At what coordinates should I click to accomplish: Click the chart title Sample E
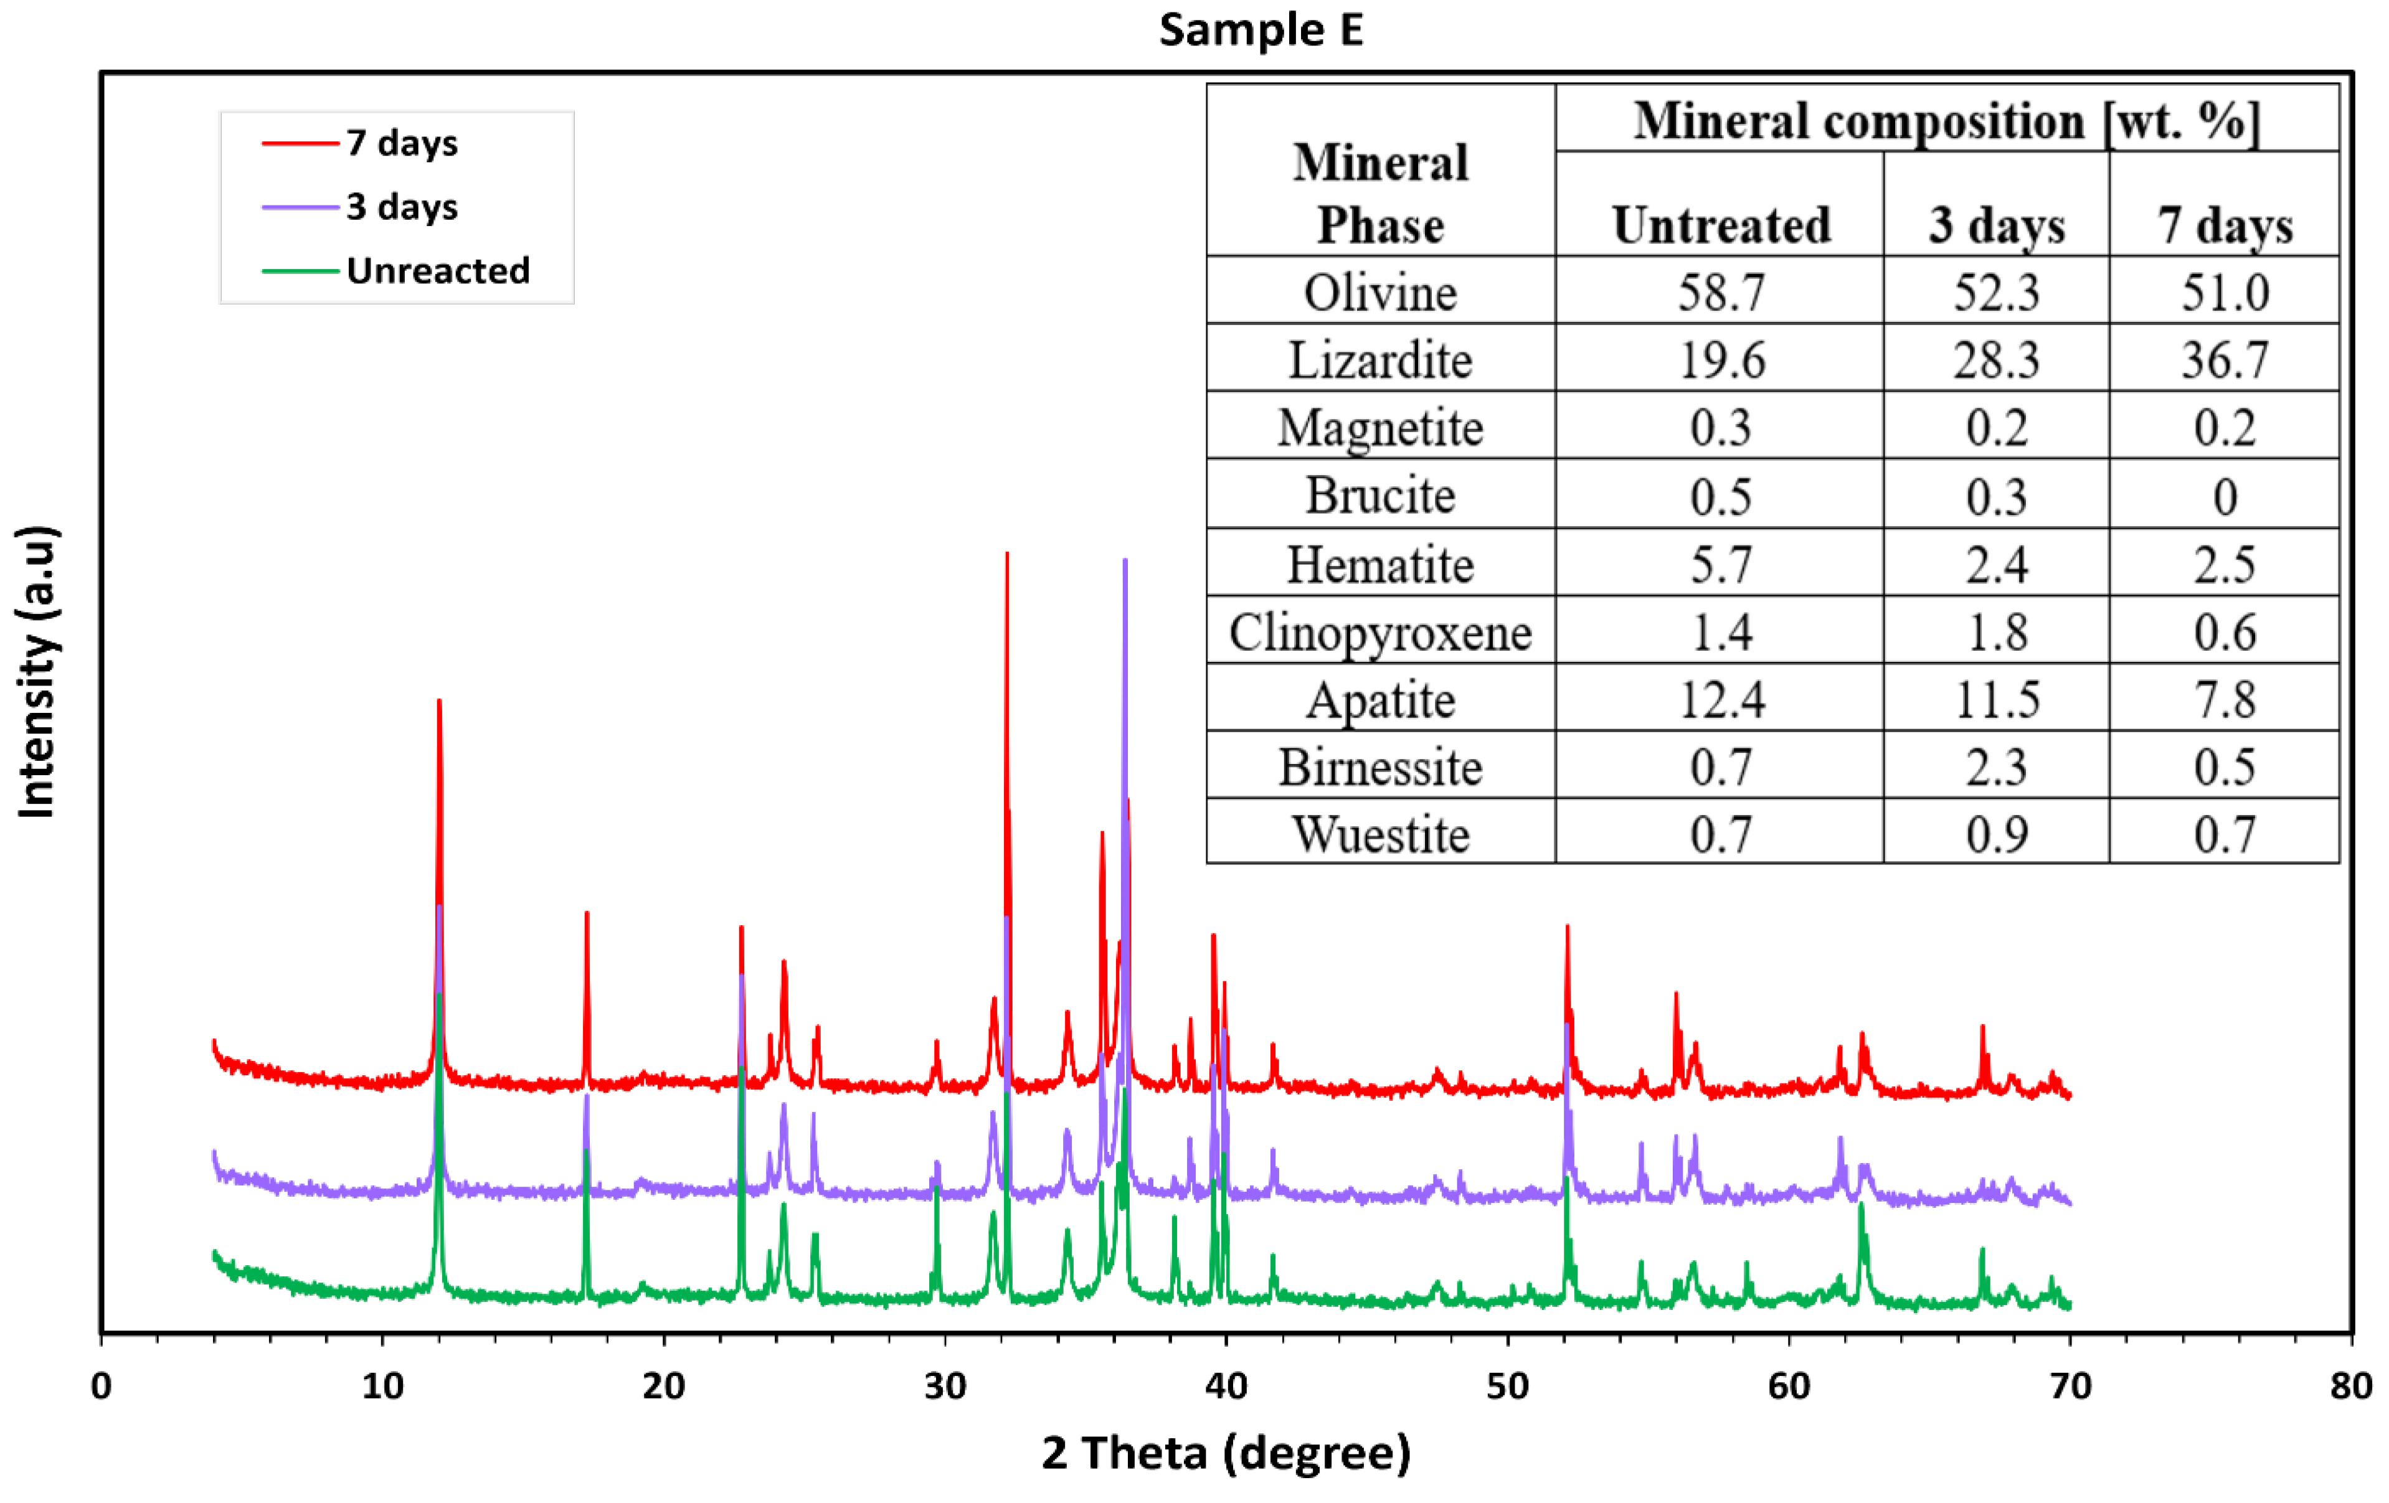point(1260,30)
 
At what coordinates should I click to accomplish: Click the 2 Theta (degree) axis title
point(1225,1453)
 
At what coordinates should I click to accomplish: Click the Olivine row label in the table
point(1380,293)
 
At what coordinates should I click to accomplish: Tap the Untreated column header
point(1721,225)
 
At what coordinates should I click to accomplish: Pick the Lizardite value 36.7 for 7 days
point(2225,359)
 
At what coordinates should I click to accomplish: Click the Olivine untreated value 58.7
point(1721,293)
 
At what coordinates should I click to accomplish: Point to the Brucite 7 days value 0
point(2225,496)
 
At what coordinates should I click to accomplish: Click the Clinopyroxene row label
point(1380,632)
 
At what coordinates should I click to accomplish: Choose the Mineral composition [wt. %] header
point(1947,121)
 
